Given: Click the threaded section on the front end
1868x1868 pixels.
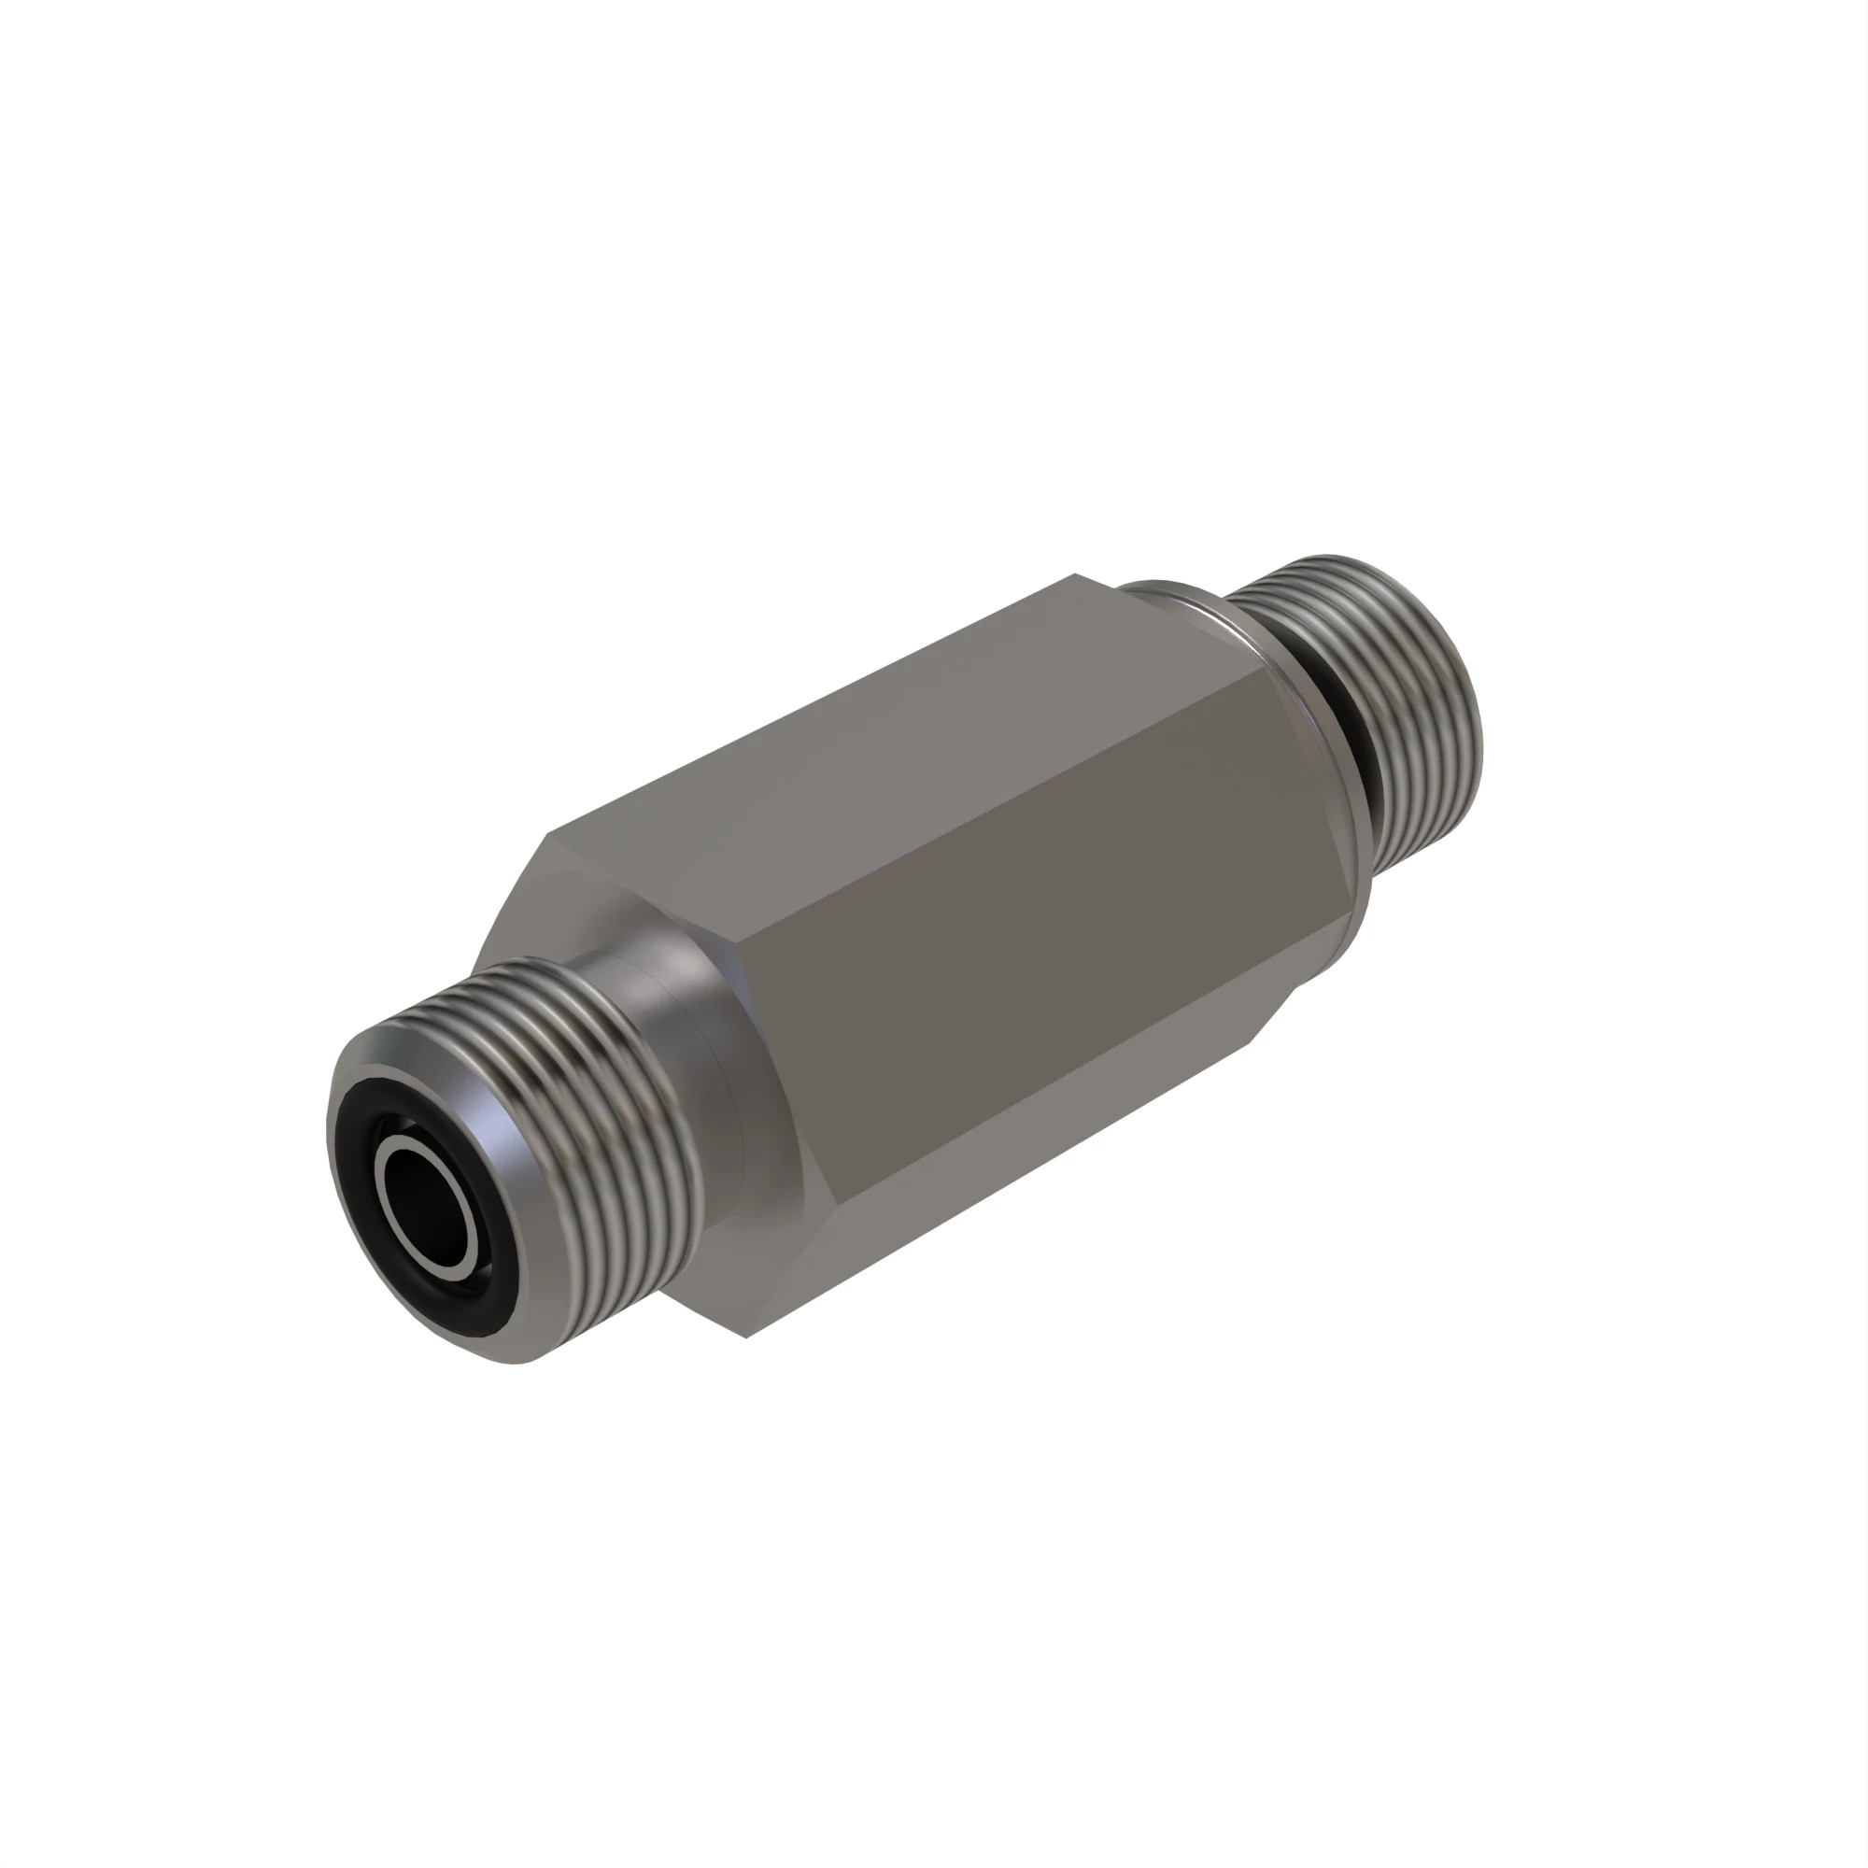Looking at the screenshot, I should coord(580,1083).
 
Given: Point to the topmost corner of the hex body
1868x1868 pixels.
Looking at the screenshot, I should coord(1075,575).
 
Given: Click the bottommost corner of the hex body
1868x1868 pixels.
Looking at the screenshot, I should coord(745,1337).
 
